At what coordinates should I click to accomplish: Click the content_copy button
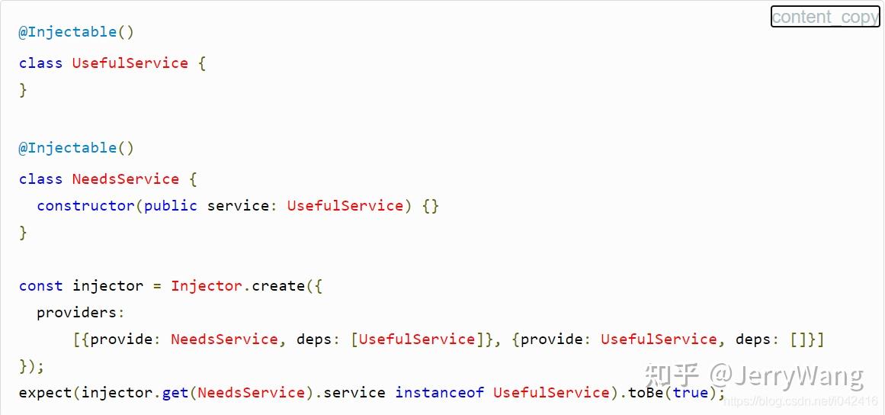(825, 17)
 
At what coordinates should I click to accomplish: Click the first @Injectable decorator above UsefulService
(68, 32)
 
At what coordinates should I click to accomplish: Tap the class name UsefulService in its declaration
(130, 63)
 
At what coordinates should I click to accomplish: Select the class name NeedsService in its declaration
(125, 179)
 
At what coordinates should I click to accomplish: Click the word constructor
(85, 206)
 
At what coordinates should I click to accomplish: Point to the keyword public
(170, 206)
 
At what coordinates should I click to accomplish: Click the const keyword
(40, 286)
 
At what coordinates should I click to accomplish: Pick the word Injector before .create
(207, 286)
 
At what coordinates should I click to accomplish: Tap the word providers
(79, 313)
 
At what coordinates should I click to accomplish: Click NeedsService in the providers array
(224, 339)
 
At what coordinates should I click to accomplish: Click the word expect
(46, 393)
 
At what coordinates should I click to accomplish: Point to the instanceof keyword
(439, 393)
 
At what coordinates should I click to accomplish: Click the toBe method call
(646, 393)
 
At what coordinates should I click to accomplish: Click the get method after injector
(175, 393)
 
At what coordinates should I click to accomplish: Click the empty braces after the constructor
(431, 206)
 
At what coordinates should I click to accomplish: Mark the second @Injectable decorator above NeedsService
(68, 148)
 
